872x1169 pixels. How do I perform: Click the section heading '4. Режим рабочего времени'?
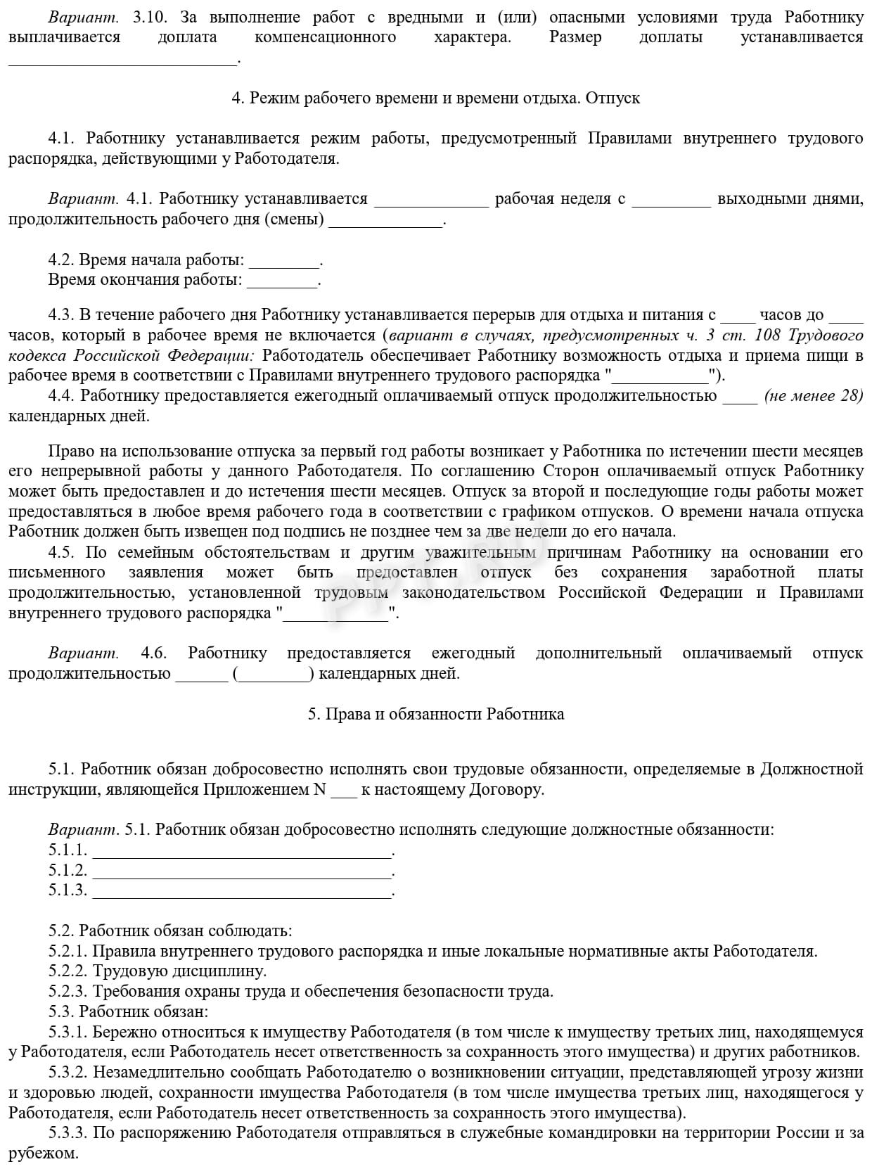click(435, 98)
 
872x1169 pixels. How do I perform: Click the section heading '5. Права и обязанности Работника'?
click(435, 714)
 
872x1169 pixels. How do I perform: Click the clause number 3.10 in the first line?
click(148, 17)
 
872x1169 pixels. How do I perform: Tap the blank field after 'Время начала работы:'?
click(284, 261)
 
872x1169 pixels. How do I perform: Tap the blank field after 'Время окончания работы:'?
click(283, 281)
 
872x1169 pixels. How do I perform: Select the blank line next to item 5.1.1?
click(242, 850)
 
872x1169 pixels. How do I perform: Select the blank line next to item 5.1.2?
click(242, 871)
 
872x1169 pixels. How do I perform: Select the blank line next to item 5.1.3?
click(242, 891)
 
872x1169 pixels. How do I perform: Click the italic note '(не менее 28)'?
click(813, 395)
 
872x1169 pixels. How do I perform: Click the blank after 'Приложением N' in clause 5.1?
click(343, 790)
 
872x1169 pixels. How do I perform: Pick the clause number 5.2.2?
click(68, 971)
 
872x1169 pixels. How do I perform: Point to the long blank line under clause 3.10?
click(123, 58)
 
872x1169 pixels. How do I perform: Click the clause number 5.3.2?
click(68, 1073)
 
